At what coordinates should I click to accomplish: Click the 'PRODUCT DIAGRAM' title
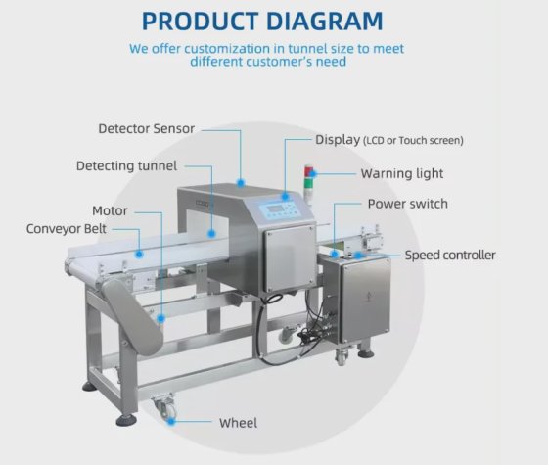(x=262, y=21)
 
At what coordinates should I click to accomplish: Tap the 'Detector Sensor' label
(x=147, y=128)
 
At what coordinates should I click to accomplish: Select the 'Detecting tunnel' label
(x=126, y=165)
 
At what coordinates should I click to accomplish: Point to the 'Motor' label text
(x=110, y=210)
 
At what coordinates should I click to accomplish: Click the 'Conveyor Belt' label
(x=67, y=229)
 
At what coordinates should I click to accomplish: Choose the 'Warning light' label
(x=402, y=174)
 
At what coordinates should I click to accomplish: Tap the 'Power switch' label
(x=408, y=204)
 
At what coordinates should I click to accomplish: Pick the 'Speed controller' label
(x=450, y=256)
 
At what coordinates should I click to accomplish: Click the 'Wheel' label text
(x=239, y=423)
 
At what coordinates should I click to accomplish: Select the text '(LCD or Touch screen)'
(x=413, y=141)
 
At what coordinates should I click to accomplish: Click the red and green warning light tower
(x=309, y=184)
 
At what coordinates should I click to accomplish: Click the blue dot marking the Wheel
(x=171, y=421)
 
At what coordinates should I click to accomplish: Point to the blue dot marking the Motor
(x=160, y=318)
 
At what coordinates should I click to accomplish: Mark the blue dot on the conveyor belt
(x=139, y=255)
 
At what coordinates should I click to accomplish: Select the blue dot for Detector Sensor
(x=241, y=182)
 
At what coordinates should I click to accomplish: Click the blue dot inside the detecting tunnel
(x=211, y=233)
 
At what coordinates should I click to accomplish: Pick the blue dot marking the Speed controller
(x=358, y=255)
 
